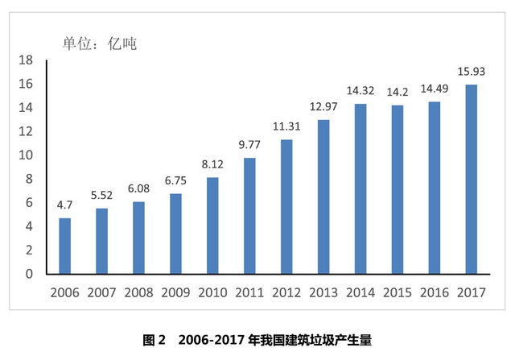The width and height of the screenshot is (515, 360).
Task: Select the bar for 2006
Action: click(x=64, y=246)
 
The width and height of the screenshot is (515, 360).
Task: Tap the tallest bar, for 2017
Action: click(x=471, y=179)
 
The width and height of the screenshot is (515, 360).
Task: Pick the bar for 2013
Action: click(x=323, y=197)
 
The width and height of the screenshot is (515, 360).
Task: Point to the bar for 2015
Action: click(x=397, y=189)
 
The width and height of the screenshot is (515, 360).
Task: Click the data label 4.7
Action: click(x=64, y=205)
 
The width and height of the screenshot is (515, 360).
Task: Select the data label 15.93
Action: click(x=471, y=72)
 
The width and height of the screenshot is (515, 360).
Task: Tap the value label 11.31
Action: click(x=286, y=126)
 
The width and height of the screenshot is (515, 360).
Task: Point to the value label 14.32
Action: click(x=360, y=91)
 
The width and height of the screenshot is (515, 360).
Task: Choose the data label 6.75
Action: click(x=175, y=180)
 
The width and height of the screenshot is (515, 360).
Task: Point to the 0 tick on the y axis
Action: click(x=28, y=274)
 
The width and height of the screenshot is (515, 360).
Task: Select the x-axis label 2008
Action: click(x=138, y=293)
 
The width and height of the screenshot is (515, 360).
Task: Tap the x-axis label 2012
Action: click(x=286, y=293)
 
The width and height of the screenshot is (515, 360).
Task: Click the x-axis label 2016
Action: click(x=434, y=293)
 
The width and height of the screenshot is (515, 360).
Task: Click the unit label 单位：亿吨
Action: click(x=100, y=43)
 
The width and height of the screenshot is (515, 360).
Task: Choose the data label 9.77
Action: click(x=249, y=145)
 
